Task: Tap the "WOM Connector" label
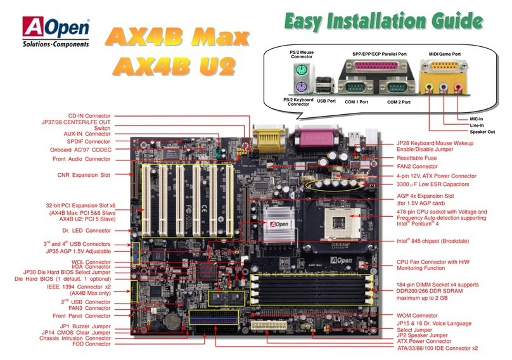tap(418, 316)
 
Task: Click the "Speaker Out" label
tap(482, 131)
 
